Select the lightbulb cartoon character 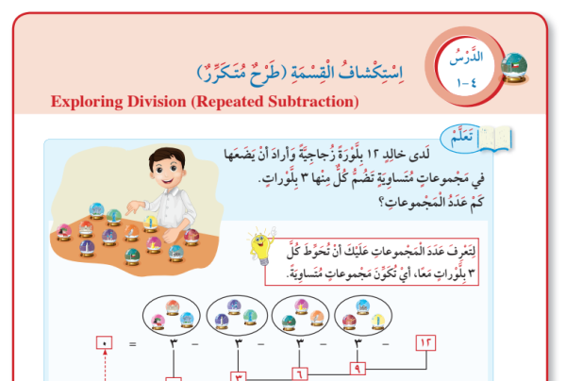(262, 245)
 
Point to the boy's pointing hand (134, 207)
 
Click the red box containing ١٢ (426, 342)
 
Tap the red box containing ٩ (358, 369)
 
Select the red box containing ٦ (300, 374)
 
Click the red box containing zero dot (105, 342)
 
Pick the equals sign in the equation (133, 344)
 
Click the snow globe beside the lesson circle (514, 68)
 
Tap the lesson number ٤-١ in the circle (467, 83)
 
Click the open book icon (495, 138)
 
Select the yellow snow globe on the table (150, 224)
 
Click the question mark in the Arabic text (381, 203)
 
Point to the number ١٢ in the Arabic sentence (373, 155)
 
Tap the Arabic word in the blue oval (461, 137)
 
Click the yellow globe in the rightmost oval (378, 321)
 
